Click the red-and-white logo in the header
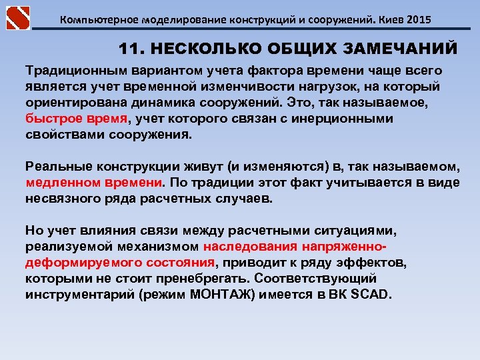18,17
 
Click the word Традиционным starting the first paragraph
73,70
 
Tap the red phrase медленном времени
93,182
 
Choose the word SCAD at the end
372,294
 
